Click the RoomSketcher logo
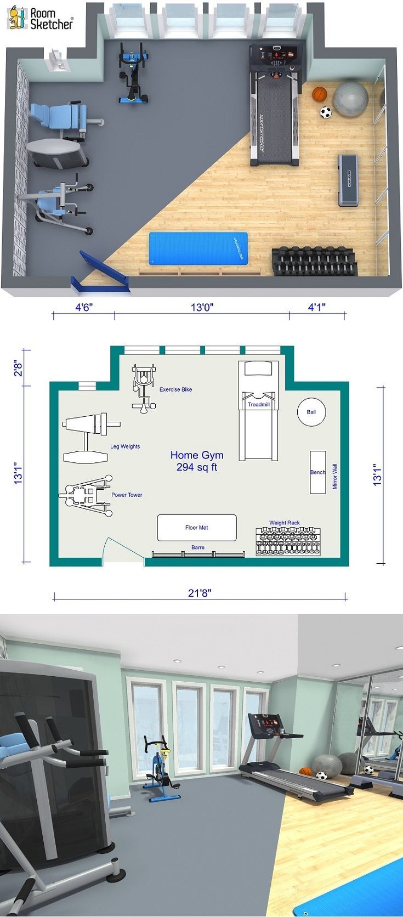[x=40, y=18]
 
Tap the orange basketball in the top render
[x=320, y=94]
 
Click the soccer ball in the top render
[x=326, y=112]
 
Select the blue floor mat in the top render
[x=198, y=248]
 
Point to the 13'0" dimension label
[x=202, y=307]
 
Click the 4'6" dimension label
[x=84, y=307]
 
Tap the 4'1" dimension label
[x=317, y=307]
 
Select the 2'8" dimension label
[x=18, y=367]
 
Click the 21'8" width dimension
[x=200, y=593]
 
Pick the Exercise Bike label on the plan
[x=175, y=389]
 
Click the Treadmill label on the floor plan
[x=259, y=404]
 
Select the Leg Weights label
[x=125, y=446]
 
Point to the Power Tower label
[x=127, y=495]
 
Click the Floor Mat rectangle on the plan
[x=197, y=528]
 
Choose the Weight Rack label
[x=285, y=523]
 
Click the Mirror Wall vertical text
[x=334, y=477]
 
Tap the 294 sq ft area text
[x=197, y=467]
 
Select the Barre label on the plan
[x=197, y=547]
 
